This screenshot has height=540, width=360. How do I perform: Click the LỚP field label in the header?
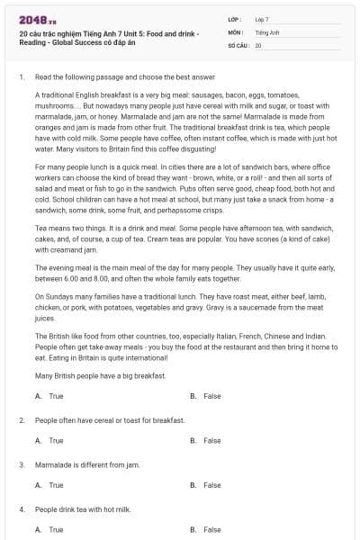[x=235, y=18]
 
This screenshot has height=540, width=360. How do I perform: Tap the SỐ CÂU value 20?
[x=258, y=44]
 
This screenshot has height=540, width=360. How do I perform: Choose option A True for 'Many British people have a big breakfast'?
[x=49, y=396]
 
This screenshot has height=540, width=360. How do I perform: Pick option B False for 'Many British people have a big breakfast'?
[x=206, y=396]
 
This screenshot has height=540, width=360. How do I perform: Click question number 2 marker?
[x=21, y=420]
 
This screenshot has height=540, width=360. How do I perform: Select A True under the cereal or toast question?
[x=49, y=441]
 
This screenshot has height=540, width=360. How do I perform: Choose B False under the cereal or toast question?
[x=206, y=441]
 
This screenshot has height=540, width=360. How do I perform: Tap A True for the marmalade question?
[x=49, y=485]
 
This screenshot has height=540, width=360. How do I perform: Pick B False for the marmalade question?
[x=206, y=485]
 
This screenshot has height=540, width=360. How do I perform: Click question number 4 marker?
[x=21, y=509]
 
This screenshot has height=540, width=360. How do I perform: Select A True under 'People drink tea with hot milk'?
[x=49, y=530]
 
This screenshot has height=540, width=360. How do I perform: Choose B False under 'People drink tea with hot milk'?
[x=206, y=530]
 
